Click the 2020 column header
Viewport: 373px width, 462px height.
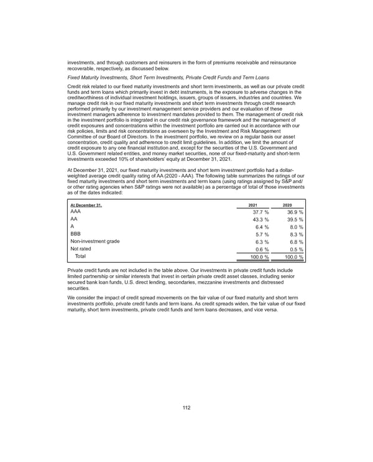(x=287, y=206)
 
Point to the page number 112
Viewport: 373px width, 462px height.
(x=186, y=407)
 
